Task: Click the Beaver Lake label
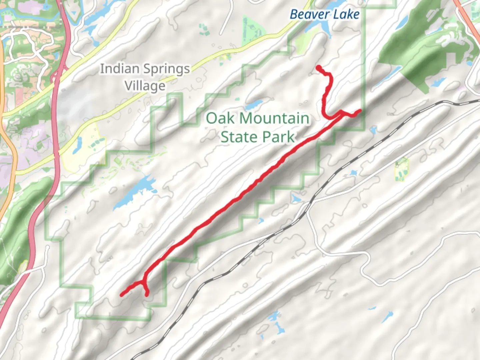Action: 324,15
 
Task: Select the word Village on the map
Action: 145,86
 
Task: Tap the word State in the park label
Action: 239,137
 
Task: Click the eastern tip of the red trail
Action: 360,110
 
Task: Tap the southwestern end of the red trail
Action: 122,295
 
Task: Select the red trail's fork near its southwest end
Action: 144,282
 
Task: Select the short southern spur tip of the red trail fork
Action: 147,294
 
